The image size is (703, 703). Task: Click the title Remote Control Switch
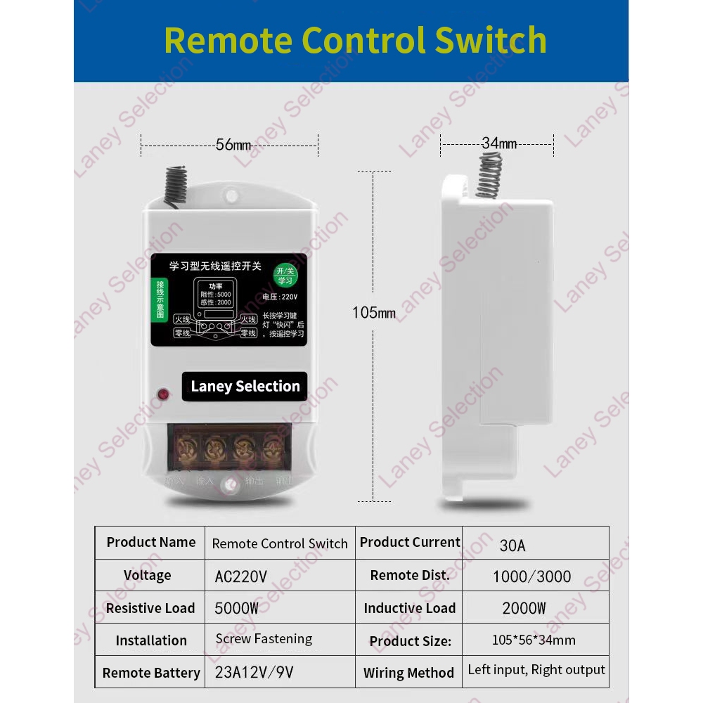[355, 40]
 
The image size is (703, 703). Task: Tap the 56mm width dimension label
[233, 146]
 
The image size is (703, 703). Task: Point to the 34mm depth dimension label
[499, 143]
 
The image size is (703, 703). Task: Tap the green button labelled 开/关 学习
[285, 275]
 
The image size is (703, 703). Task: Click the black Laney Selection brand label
[245, 387]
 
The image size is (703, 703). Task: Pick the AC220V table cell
[240, 577]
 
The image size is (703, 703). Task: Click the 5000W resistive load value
[236, 609]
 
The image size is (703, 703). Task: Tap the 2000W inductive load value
[524, 609]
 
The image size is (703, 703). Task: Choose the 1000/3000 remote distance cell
[531, 577]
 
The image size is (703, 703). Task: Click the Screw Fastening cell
[264, 639]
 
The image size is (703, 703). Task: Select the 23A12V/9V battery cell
[254, 673]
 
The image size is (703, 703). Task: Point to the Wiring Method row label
[408, 673]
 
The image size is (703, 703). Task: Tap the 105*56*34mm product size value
[534, 640]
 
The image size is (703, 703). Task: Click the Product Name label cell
[151, 542]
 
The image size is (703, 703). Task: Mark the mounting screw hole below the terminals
[228, 485]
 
